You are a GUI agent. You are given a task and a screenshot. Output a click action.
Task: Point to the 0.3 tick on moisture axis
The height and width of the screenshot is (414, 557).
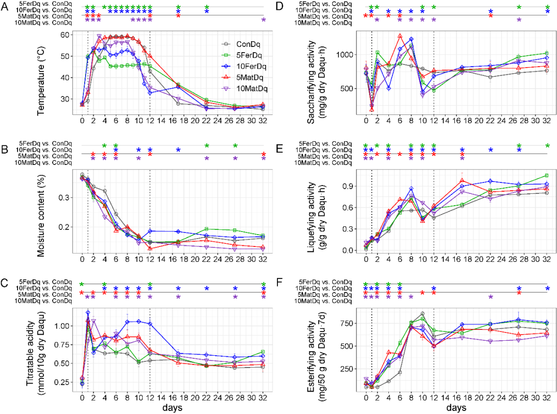tap(65, 197)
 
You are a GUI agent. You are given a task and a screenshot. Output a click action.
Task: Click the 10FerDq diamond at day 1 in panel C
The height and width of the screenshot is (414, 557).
tap(88, 312)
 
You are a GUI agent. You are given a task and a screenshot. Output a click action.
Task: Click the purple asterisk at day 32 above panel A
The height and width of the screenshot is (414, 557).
tap(263, 20)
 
